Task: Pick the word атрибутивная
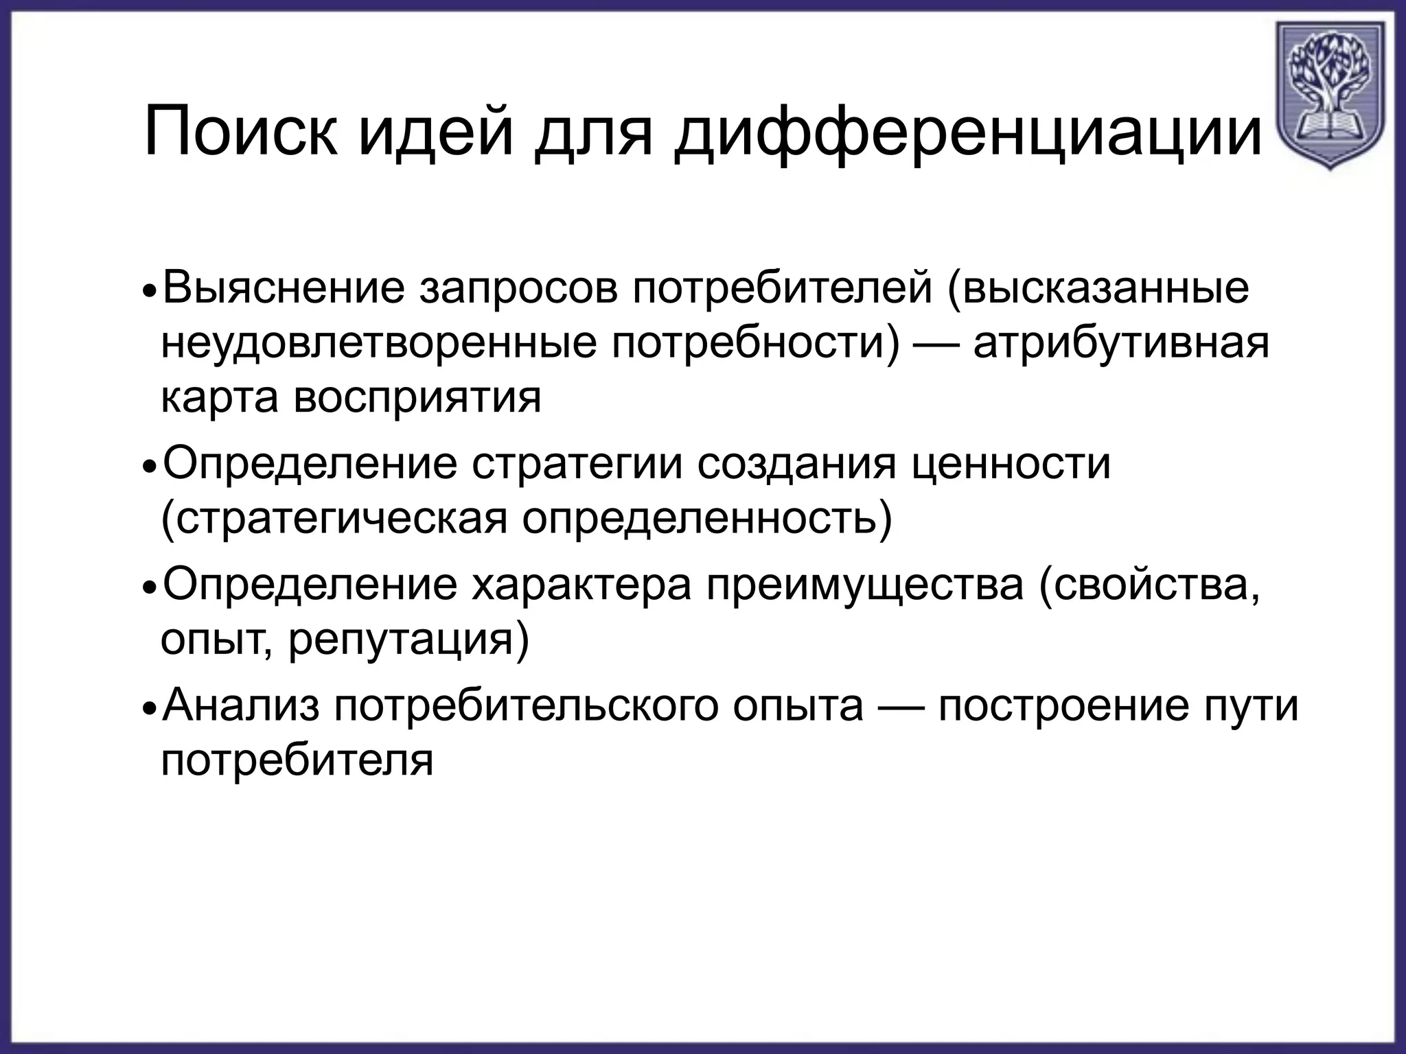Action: coord(1120,343)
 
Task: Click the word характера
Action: coord(581,587)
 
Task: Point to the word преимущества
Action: coord(866,588)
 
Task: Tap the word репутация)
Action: coord(408,642)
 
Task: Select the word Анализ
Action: coord(241,707)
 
